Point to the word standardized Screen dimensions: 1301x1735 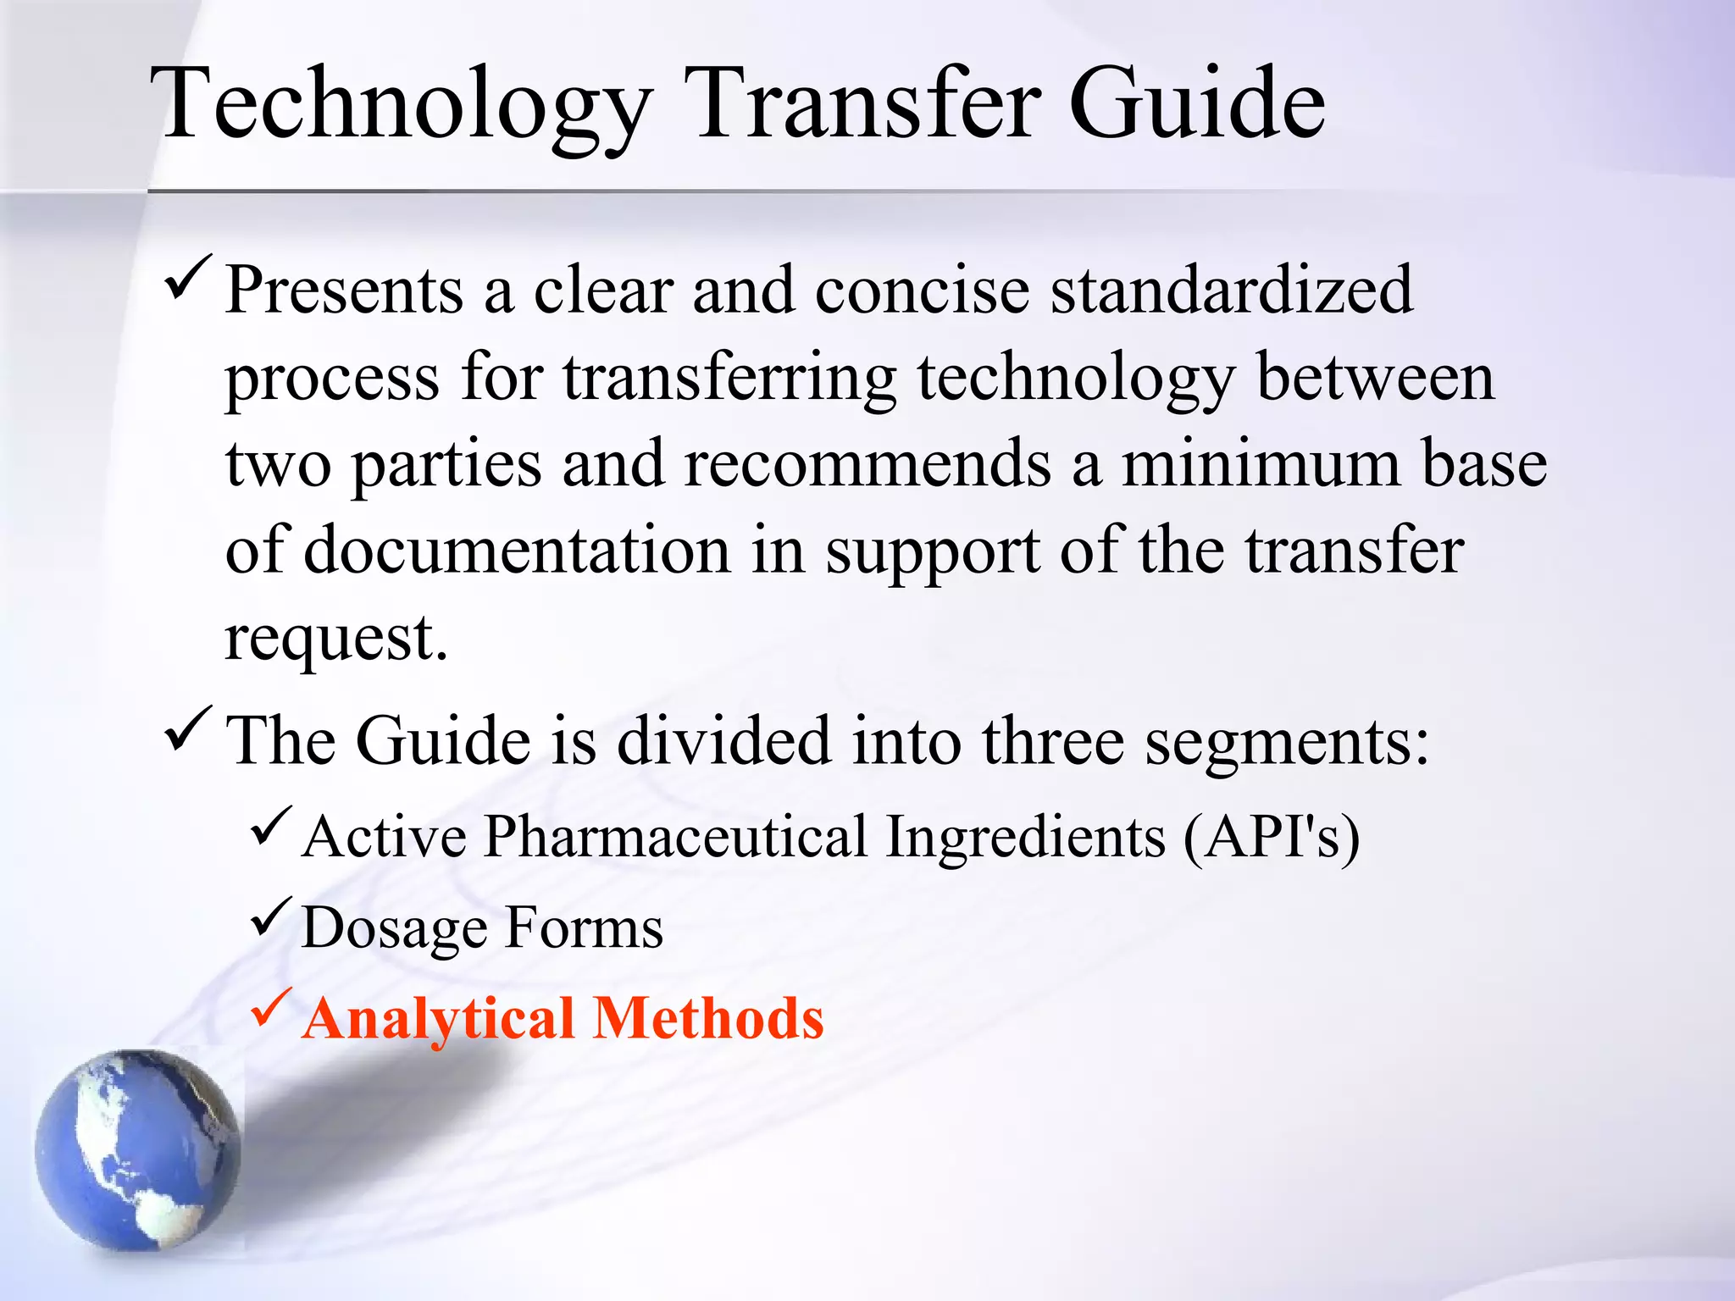click(1232, 291)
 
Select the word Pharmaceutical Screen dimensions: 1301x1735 click(675, 837)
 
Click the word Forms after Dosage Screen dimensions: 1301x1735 click(584, 928)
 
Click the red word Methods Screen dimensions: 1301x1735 click(708, 1017)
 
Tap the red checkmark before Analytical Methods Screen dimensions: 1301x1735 click(271, 1008)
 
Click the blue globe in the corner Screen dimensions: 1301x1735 click(138, 1150)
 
